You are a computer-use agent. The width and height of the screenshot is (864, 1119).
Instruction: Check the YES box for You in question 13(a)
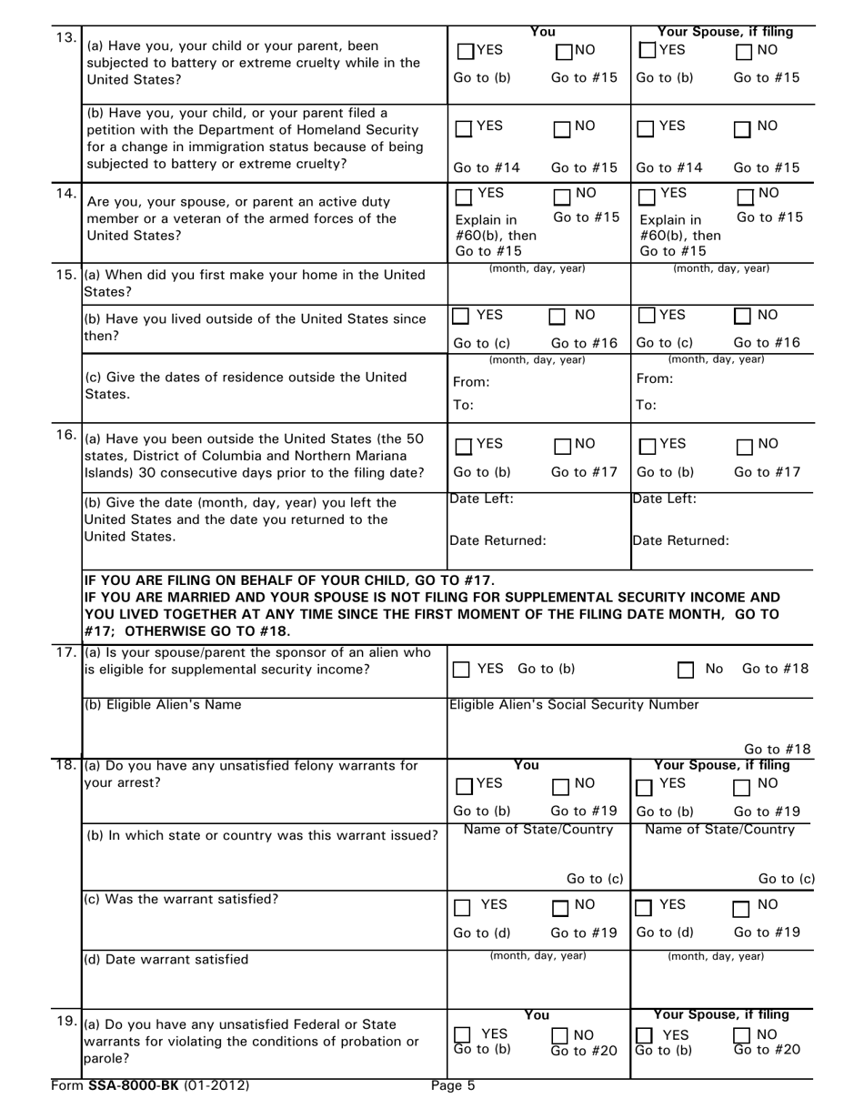[464, 52]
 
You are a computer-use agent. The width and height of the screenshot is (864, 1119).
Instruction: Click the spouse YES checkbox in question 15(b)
[647, 317]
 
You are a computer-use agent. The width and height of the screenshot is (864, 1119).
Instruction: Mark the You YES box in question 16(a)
[464, 447]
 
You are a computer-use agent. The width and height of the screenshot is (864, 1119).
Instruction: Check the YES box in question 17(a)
[462, 670]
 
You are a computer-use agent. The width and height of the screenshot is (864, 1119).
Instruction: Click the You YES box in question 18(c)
[462, 907]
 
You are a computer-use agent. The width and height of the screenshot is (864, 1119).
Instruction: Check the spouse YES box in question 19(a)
[645, 1035]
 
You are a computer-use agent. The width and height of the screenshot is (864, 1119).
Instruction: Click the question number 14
[66, 194]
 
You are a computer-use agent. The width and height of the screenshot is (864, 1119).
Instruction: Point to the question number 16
[66, 435]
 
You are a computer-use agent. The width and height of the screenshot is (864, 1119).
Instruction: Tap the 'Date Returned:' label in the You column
[498, 540]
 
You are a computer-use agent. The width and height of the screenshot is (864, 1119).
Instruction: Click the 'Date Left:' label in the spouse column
[665, 499]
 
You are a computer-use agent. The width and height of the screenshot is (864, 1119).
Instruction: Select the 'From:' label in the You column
[471, 382]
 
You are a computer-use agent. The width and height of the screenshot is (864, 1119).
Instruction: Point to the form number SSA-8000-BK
[152, 1085]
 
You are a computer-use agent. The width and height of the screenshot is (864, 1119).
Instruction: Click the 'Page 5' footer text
[453, 1085]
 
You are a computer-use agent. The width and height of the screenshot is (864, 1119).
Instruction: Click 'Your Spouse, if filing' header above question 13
[725, 32]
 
